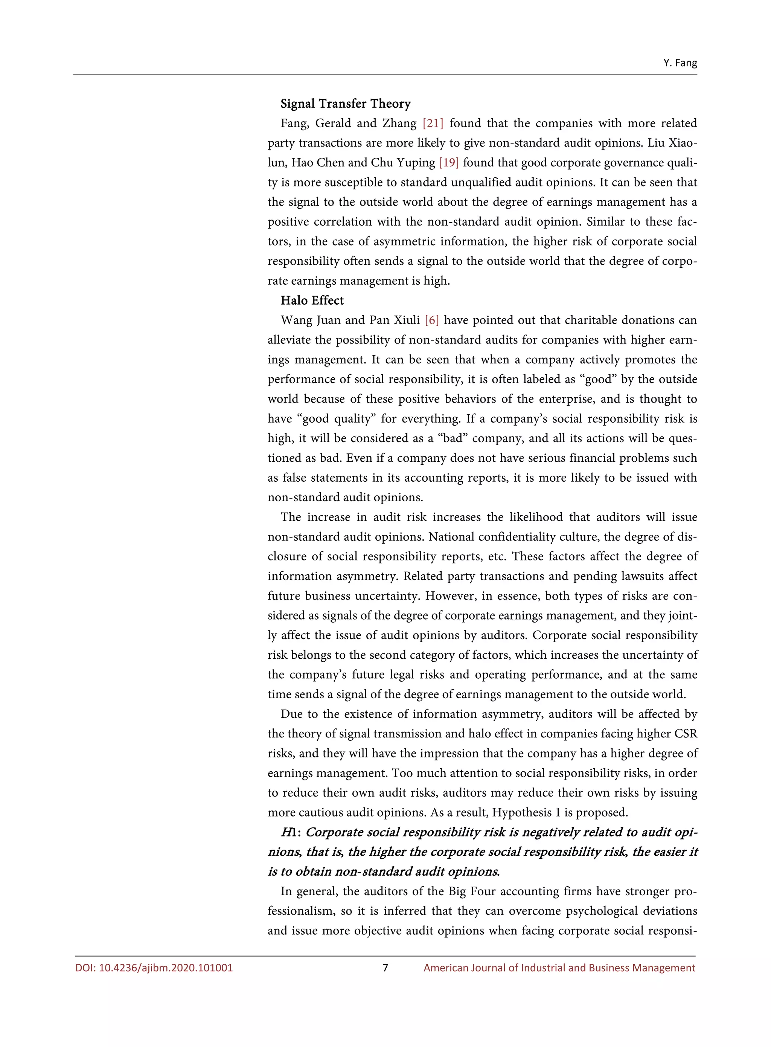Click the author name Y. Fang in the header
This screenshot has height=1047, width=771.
click(680, 63)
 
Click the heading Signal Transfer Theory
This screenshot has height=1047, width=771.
click(345, 104)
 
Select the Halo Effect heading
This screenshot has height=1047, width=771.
click(312, 301)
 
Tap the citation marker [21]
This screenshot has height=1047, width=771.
click(433, 123)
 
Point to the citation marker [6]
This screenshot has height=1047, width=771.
click(432, 320)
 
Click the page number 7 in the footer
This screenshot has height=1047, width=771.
click(385, 968)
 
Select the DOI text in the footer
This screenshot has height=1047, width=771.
click(154, 968)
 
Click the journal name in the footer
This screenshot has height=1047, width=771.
click(559, 968)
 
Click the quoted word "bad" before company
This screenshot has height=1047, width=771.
click(453, 438)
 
